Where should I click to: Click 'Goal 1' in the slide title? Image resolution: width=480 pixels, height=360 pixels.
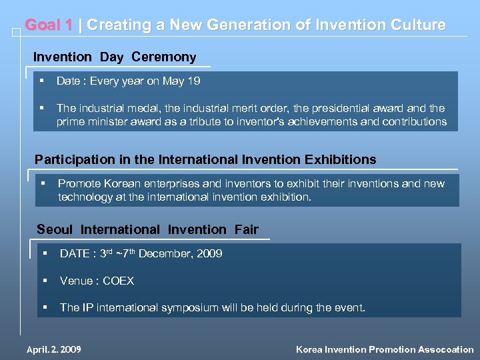[x=49, y=25]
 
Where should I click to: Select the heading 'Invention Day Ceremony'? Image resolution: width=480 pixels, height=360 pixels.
[x=115, y=57]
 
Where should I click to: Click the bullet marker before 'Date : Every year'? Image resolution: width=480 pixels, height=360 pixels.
[x=41, y=81]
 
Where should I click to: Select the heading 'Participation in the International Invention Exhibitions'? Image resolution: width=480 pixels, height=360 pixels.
[x=205, y=159]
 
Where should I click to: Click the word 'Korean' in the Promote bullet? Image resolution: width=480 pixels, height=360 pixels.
[x=119, y=183]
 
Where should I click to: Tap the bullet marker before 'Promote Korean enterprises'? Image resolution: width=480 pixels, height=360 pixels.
[x=43, y=183]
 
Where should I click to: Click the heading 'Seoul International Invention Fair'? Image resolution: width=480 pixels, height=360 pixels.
[x=147, y=229]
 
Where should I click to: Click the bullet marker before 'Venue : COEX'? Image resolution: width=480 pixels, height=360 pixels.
[x=45, y=281]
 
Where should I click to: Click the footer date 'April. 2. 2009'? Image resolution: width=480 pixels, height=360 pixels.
[x=53, y=349]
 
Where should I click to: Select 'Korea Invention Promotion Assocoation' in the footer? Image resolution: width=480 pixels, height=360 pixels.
[x=385, y=349]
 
